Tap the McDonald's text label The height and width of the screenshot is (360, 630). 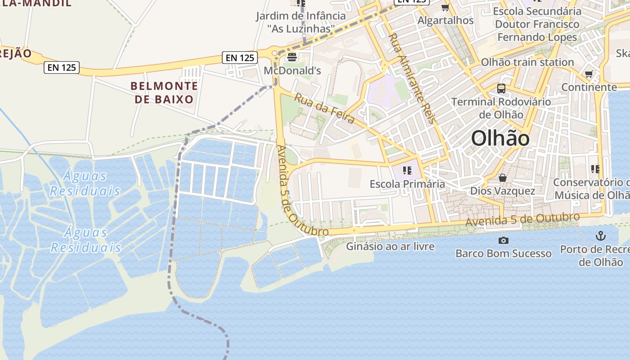292,71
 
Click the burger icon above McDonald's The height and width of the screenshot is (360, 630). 292,57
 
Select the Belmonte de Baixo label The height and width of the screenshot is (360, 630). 164,92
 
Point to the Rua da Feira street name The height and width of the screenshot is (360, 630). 324,108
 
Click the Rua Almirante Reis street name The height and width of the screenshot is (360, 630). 412,77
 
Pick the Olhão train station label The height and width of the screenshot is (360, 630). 527,62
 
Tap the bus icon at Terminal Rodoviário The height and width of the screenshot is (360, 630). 501,88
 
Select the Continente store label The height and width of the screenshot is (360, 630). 589,87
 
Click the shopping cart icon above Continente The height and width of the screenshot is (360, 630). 589,74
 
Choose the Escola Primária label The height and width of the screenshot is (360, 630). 407,184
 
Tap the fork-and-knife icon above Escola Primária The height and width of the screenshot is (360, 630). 407,170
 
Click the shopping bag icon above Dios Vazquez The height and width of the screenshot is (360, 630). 503,178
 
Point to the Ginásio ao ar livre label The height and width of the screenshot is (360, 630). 390,246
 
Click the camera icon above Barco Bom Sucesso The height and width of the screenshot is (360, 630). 504,240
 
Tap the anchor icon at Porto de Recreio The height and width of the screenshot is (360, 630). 600,236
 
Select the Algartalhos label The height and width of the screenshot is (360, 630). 445,20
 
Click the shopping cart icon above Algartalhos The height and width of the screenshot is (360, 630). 445,7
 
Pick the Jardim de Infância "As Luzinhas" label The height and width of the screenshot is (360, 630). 301,22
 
